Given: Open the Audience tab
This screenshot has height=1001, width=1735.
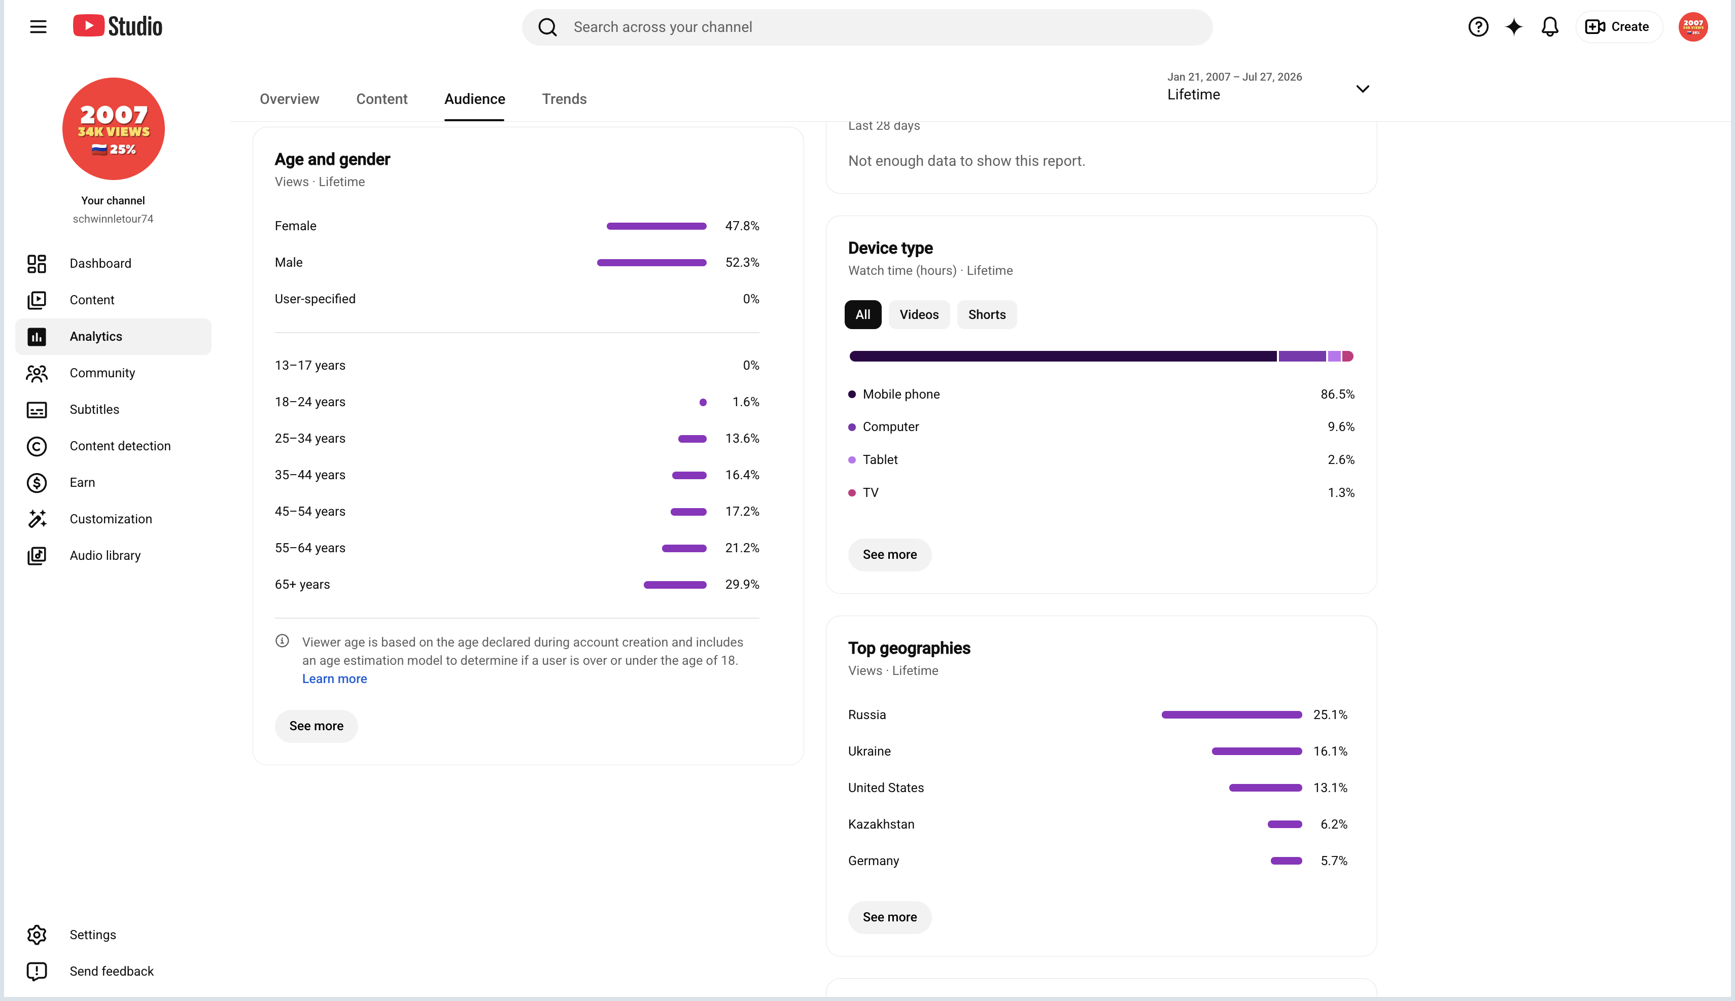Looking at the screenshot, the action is pos(474,99).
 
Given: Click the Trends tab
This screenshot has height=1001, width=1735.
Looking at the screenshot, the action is pos(564,99).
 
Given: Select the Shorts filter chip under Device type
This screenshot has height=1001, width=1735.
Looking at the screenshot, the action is pos(987,315).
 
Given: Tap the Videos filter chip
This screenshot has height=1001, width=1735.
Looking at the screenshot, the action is pos(919,315).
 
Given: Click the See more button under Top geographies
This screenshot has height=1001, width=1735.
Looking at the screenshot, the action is pos(890,917).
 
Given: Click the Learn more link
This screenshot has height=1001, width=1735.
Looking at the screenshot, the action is pos(334,678).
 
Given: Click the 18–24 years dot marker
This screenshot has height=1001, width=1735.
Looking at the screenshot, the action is pos(703,402).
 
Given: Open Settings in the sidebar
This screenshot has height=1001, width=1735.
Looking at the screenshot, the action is pos(93,934).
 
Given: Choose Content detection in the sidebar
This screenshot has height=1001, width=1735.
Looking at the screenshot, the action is pos(120,446).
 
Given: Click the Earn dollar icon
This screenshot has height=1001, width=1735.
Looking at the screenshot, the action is pos(37,483).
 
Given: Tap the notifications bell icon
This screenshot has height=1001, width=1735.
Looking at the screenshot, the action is pos(1549,27).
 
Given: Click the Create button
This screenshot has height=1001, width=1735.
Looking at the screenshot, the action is pos(1618,27).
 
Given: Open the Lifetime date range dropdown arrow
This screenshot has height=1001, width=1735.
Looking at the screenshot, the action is pos(1362,89).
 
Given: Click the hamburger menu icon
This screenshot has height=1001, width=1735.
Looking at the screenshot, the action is pos(39,27).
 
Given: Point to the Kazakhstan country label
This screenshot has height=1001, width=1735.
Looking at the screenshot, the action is pos(881,825).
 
